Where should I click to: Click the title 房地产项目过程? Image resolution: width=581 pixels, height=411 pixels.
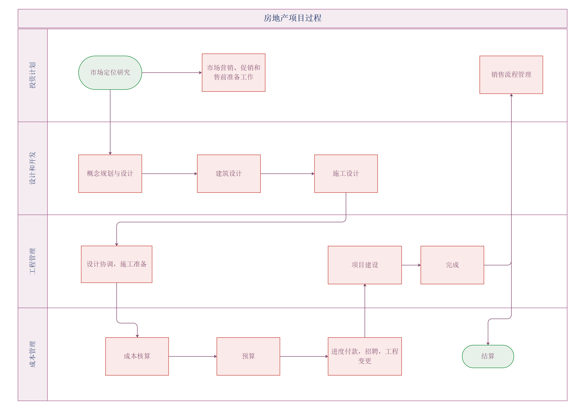coord(293,18)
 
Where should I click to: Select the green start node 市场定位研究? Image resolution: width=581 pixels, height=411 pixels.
coord(110,73)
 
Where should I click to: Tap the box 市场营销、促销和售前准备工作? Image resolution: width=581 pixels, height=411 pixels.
coord(234,73)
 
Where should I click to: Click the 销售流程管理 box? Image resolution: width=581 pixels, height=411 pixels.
coord(511,75)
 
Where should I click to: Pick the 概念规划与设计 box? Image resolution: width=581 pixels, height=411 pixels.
coord(110,174)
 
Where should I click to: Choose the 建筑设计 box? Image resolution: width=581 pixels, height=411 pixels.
coord(229,174)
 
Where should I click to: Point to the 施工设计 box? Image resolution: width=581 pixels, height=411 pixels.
coord(346,174)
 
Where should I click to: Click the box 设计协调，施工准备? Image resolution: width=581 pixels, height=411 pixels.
coord(117,264)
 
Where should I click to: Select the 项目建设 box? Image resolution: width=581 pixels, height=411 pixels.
coord(365,265)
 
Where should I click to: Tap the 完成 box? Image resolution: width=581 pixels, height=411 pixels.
coord(452,265)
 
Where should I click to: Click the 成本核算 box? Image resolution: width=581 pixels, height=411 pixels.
coord(137,356)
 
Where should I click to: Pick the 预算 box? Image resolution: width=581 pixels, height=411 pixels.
coord(248,356)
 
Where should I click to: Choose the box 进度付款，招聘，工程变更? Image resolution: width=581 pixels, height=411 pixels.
coord(365,356)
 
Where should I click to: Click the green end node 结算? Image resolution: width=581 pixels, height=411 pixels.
coord(488,356)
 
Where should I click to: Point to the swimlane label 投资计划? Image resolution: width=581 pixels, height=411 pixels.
coord(32,75)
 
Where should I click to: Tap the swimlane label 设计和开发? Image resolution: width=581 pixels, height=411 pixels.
coord(32,168)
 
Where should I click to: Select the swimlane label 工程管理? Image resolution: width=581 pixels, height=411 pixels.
coord(32,261)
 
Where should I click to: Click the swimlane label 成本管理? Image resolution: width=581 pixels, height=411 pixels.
coord(32,354)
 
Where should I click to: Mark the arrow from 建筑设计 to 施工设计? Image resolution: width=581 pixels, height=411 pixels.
coord(287,174)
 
